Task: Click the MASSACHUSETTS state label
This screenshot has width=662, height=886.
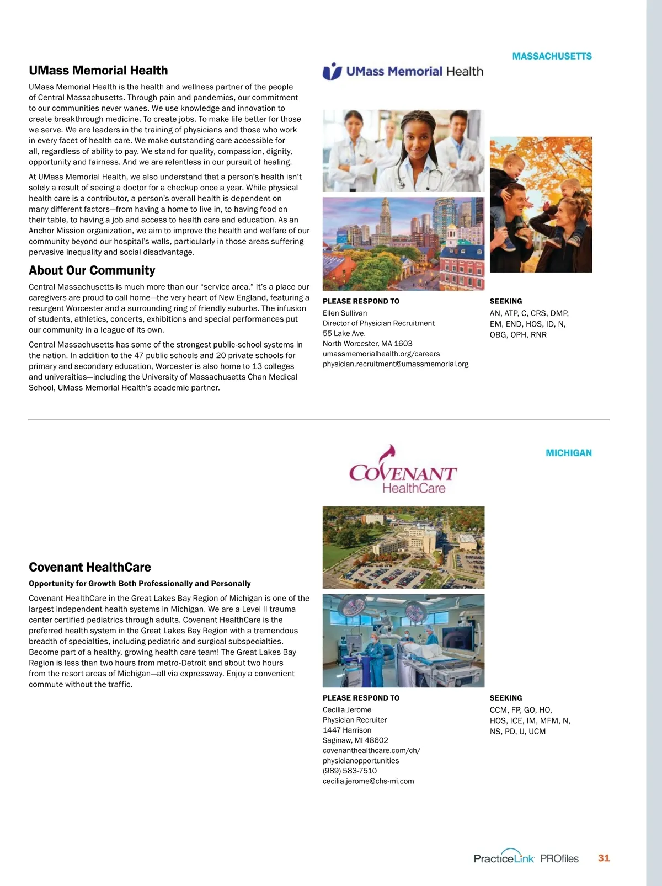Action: [552, 56]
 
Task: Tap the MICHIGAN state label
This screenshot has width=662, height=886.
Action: [568, 453]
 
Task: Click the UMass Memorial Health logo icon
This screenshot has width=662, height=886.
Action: [332, 71]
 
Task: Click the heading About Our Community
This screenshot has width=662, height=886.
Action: [92, 270]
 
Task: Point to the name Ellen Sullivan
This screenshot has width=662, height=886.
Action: [345, 313]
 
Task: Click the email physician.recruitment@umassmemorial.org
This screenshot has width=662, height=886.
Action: [395, 364]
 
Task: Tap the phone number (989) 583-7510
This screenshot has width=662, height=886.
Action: [349, 771]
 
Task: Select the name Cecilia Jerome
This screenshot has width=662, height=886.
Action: [346, 710]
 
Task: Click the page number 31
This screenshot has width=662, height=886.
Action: [604, 858]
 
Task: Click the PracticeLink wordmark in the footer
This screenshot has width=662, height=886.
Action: [504, 858]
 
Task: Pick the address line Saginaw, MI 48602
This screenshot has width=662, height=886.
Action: [355, 740]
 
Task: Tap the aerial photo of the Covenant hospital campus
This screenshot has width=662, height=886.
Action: [403, 547]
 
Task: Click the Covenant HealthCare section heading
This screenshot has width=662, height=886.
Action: [89, 567]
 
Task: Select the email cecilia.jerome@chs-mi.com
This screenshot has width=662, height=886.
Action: [368, 781]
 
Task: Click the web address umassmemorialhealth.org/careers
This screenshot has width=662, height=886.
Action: [381, 354]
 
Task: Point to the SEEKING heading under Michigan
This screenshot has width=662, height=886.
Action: [505, 698]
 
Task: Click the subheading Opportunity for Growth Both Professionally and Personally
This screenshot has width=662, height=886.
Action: [140, 584]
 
